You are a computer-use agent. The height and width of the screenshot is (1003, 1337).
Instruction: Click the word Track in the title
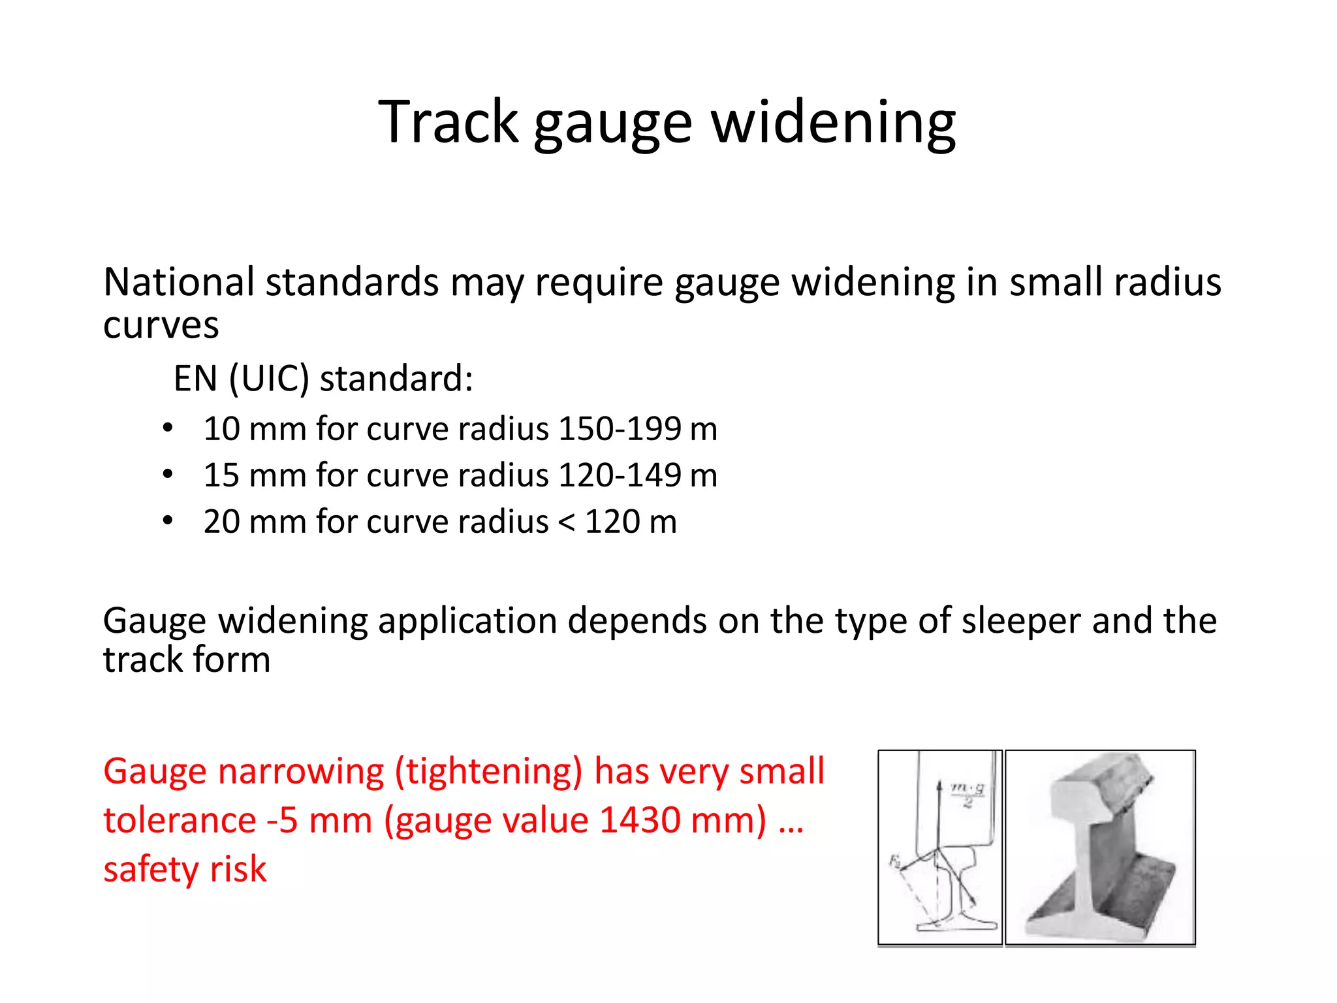448,122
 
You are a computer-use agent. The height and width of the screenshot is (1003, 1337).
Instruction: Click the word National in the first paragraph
178,282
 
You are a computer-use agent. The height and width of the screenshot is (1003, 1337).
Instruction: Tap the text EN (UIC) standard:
323,379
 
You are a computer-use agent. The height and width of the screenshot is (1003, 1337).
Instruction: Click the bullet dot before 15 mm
168,475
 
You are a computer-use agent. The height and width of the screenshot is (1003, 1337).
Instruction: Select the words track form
187,660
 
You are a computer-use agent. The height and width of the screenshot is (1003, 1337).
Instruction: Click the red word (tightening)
488,772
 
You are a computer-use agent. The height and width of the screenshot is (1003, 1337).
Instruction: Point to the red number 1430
640,820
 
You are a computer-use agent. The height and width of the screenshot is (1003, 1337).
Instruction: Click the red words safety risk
185,869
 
